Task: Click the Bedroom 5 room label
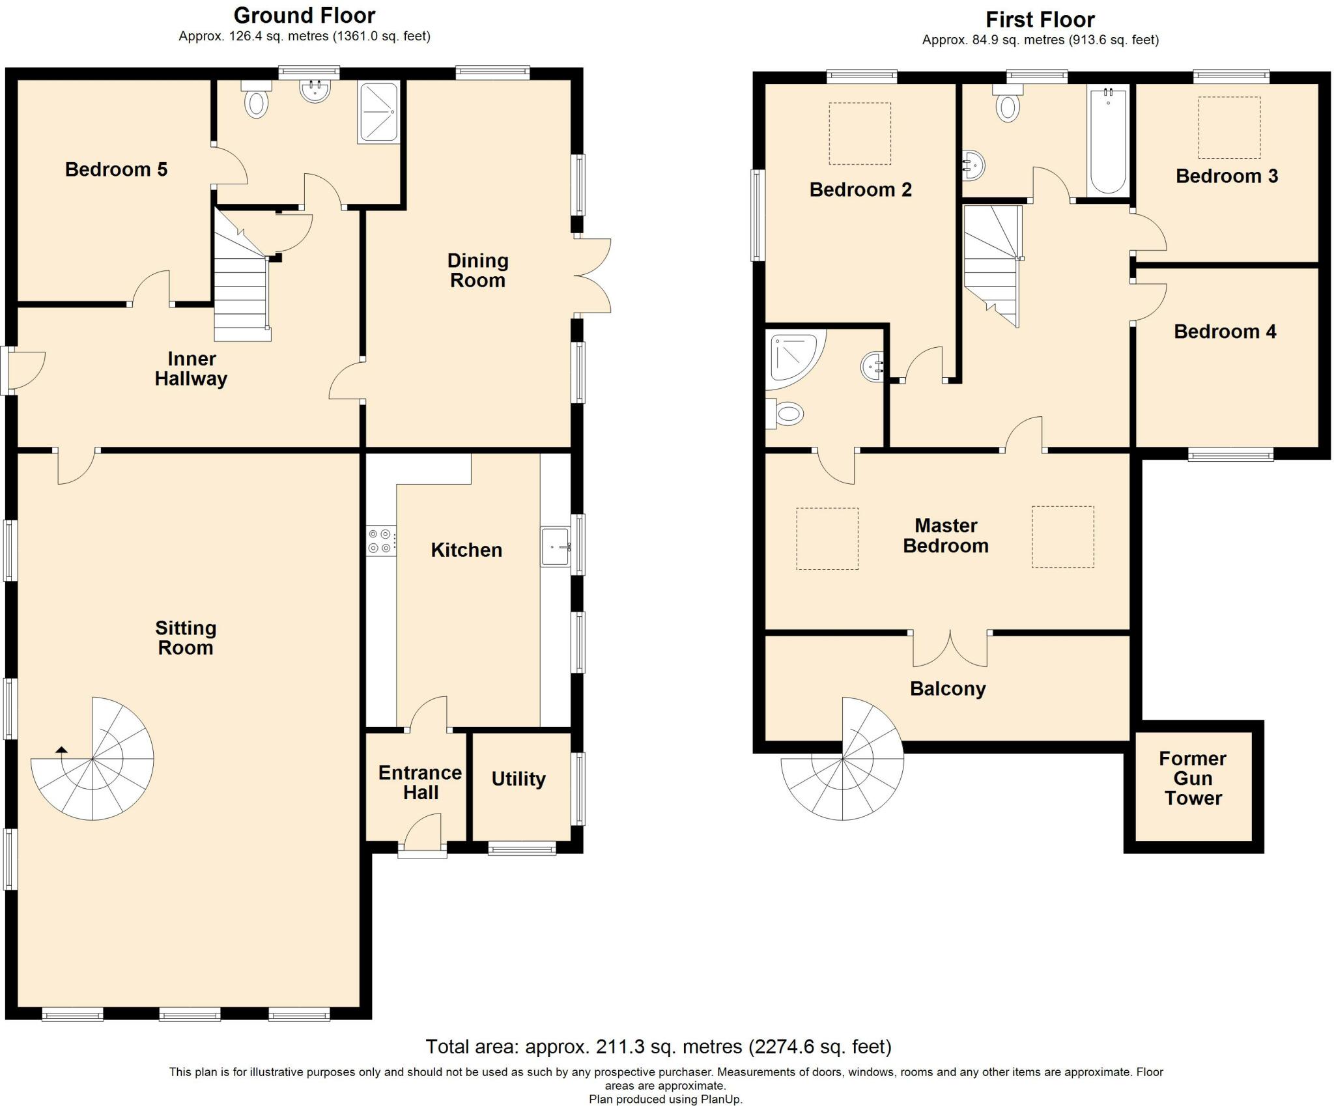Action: pyautogui.click(x=116, y=169)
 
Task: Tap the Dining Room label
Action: pyautogui.click(x=477, y=270)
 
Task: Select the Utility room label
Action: pyautogui.click(x=518, y=779)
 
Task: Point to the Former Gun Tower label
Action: pyautogui.click(x=1193, y=778)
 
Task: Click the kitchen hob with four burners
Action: pyautogui.click(x=381, y=541)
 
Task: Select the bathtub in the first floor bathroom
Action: pyautogui.click(x=1108, y=141)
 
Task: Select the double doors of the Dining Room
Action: pyautogui.click(x=593, y=277)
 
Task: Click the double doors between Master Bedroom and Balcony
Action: pyautogui.click(x=950, y=648)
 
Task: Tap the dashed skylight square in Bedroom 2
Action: pyautogui.click(x=860, y=134)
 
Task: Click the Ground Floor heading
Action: pyautogui.click(x=304, y=15)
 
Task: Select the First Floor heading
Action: pyautogui.click(x=1040, y=19)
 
